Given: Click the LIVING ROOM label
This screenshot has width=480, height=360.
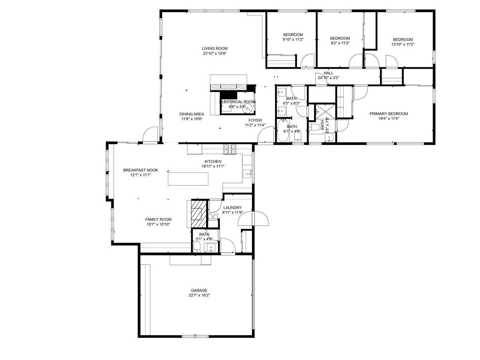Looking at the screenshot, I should (x=215, y=49).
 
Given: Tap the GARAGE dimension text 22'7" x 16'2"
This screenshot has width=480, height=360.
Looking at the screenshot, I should (x=199, y=295).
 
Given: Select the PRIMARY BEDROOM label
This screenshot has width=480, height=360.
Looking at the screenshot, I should (x=388, y=114).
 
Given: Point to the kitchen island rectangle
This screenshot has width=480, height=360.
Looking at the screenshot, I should (x=188, y=179).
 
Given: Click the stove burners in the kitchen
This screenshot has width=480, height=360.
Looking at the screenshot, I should (x=229, y=149).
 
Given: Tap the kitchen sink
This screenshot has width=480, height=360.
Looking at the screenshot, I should (x=247, y=174).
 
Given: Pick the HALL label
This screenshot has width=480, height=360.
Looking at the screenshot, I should (x=328, y=73).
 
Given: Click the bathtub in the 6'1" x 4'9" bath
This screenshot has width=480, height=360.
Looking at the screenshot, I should (x=284, y=131).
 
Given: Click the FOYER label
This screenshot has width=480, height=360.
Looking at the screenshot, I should (x=255, y=120).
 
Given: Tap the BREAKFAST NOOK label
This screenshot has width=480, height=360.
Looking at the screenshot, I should (x=140, y=170).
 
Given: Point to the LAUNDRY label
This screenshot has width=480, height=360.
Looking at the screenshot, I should (x=232, y=208).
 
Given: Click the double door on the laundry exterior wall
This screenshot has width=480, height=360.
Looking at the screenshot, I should (x=254, y=219).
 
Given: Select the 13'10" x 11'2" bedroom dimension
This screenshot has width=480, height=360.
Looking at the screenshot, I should (x=403, y=44).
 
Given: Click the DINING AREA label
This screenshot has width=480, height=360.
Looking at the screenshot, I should (x=192, y=114).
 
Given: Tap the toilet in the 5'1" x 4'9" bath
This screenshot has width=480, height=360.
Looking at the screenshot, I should (x=197, y=247).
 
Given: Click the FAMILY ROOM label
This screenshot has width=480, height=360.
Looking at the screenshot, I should (x=158, y=219).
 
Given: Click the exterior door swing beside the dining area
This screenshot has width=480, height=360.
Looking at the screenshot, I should (x=150, y=135).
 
